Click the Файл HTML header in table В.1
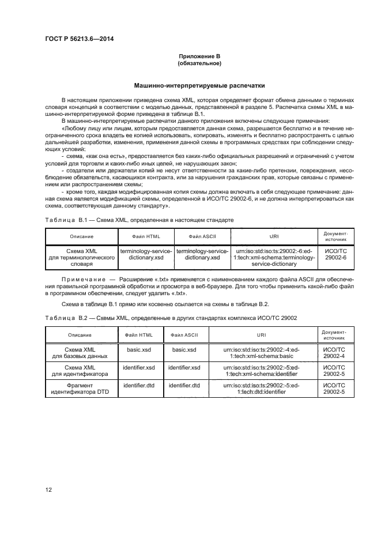click(146, 237)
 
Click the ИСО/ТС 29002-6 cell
click(335, 255)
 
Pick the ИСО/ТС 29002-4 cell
click(335, 353)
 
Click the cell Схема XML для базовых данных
click(81, 353)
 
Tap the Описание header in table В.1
click(81, 237)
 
